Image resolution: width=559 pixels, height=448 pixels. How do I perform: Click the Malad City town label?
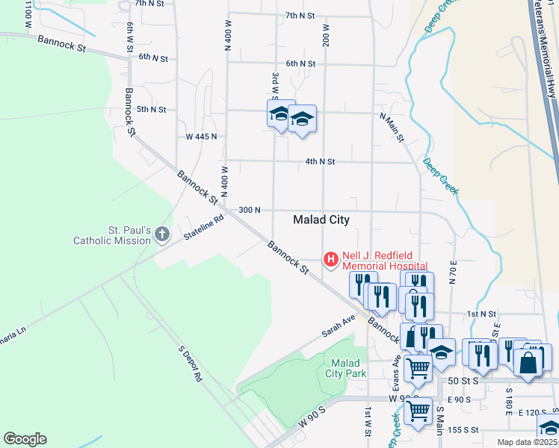tap(321, 220)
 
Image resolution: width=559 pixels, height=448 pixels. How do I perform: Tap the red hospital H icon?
tap(330, 260)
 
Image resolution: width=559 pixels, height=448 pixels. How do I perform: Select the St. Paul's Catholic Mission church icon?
tap(162, 236)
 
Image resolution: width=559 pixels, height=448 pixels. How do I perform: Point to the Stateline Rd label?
tap(204, 228)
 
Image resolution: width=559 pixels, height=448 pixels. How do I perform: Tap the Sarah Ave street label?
tap(339, 326)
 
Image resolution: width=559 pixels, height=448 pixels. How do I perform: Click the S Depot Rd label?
tap(191, 364)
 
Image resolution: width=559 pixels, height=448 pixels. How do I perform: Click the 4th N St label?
tap(320, 161)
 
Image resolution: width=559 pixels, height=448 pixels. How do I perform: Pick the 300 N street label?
tap(249, 211)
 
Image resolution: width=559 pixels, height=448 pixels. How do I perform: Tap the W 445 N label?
tap(201, 137)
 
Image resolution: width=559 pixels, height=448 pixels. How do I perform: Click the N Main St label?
tap(392, 128)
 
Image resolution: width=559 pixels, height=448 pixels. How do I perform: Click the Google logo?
tap(25, 439)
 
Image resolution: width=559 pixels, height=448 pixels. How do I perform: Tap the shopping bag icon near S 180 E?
tap(528, 364)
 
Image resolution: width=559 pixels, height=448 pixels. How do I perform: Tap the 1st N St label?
tap(481, 314)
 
